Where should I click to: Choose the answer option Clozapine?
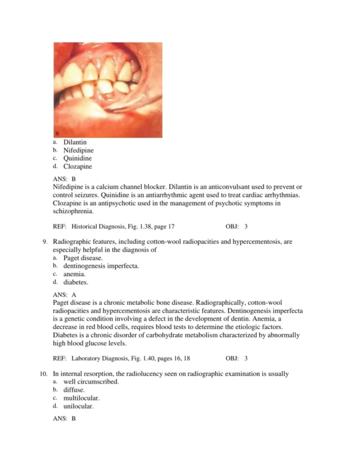pyautogui.click(x=77, y=167)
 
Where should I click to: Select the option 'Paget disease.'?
pyautogui.click(x=83, y=258)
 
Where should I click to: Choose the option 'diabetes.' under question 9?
pyautogui.click(x=76, y=282)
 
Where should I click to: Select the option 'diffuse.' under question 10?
pyautogui.click(x=74, y=390)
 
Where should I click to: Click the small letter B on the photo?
pyautogui.click(x=56, y=133)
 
